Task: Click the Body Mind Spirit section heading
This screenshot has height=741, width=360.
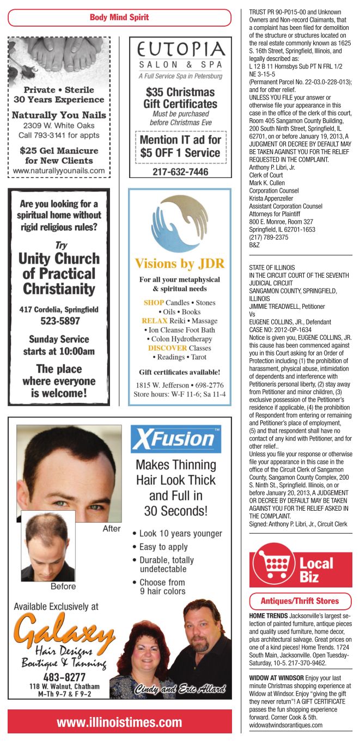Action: tap(119, 17)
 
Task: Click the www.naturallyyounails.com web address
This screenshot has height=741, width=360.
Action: tap(59, 170)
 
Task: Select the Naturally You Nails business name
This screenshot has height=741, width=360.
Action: tap(59, 115)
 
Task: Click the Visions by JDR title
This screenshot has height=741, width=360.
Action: tap(180, 264)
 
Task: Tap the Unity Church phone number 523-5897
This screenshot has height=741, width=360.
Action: tap(59, 321)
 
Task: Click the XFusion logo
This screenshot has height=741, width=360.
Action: tap(175, 440)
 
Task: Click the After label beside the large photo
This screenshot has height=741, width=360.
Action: tap(112, 529)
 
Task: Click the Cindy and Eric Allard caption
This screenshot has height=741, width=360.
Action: tap(181, 689)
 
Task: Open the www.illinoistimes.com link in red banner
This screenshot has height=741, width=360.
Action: tap(119, 722)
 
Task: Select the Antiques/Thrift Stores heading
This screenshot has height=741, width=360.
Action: tap(300, 601)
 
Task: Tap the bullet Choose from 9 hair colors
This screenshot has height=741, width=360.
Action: tap(162, 586)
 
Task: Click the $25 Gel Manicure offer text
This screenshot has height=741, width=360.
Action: tap(59, 155)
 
